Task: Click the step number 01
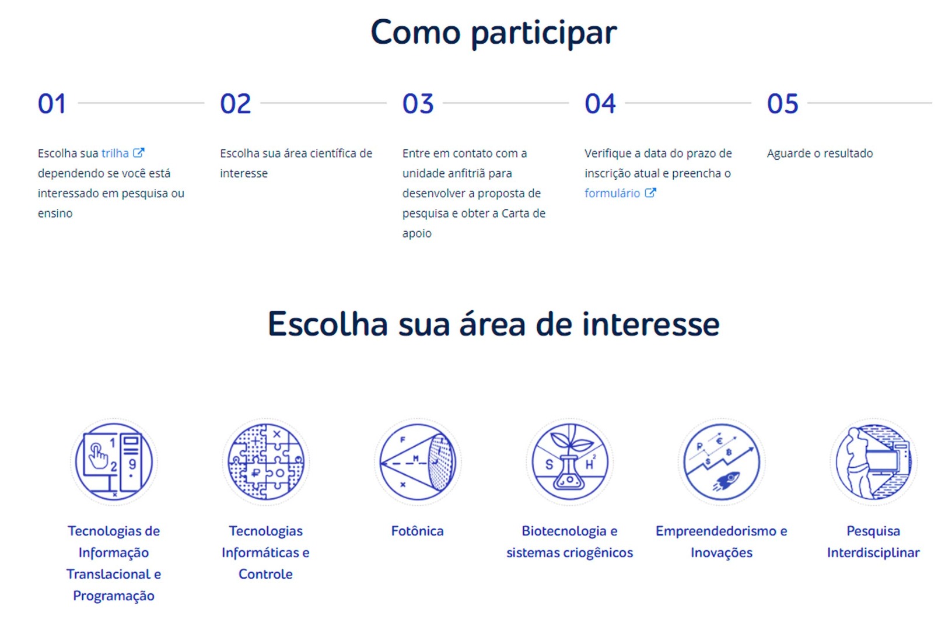point(52,103)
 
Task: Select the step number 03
point(418,103)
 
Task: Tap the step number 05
point(782,103)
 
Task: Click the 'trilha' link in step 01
point(115,153)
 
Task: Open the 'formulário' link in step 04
point(612,193)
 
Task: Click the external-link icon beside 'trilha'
point(139,152)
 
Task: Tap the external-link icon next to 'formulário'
point(650,192)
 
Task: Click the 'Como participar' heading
point(494,33)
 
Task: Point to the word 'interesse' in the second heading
point(650,324)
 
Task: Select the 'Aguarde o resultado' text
point(820,153)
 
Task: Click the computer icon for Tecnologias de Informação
point(114,461)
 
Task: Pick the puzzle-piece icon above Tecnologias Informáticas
point(265,461)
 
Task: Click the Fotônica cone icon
point(417,461)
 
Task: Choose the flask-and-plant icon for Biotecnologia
point(569,461)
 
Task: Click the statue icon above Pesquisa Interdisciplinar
point(873,461)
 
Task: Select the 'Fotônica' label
point(417,531)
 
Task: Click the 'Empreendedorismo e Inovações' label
point(721,541)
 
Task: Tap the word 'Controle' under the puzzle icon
point(265,574)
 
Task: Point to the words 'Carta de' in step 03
point(524,213)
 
